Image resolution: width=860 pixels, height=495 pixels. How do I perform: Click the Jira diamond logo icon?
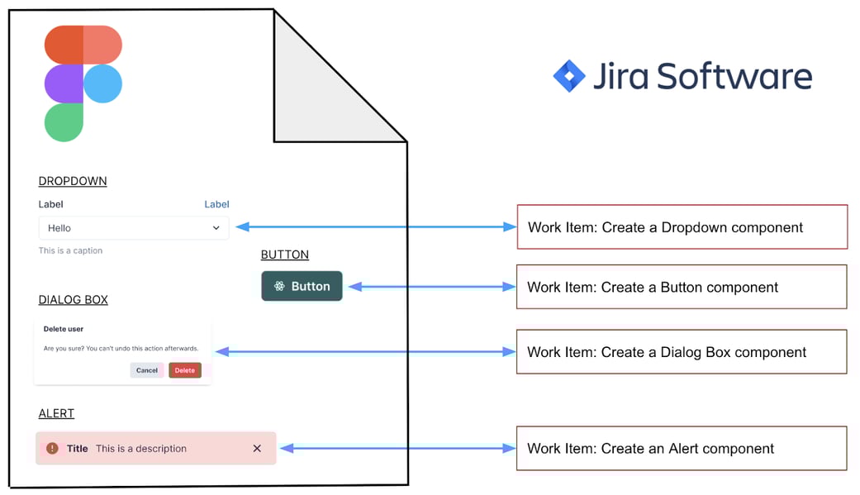pyautogui.click(x=568, y=76)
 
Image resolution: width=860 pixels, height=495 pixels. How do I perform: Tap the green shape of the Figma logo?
pyautogui.click(x=64, y=122)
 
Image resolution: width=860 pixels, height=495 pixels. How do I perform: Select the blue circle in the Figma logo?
pyautogui.click(x=102, y=83)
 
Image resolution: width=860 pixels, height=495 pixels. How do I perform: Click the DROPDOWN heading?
pyautogui.click(x=73, y=181)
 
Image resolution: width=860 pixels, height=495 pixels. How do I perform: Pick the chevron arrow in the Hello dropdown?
pyautogui.click(x=216, y=228)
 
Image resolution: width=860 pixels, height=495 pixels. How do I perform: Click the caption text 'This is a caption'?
pyautogui.click(x=70, y=250)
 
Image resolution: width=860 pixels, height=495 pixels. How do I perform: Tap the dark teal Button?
pyautogui.click(x=302, y=286)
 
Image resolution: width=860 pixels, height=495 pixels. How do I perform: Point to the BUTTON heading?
pyautogui.click(x=285, y=255)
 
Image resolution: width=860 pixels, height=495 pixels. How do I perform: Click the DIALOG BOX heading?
pyautogui.click(x=73, y=300)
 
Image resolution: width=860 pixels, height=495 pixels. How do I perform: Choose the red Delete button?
pyautogui.click(x=185, y=370)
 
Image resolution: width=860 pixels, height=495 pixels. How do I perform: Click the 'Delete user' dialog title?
pyautogui.click(x=64, y=329)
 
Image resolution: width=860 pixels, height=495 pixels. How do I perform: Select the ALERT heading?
pyautogui.click(x=56, y=413)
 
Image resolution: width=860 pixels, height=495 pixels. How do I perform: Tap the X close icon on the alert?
pyautogui.click(x=257, y=449)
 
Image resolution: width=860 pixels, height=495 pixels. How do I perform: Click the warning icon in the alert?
pyautogui.click(x=52, y=449)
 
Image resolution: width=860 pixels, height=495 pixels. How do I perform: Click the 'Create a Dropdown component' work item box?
pyautogui.click(x=682, y=227)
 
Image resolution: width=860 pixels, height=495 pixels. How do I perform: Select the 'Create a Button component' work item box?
pyautogui.click(x=682, y=287)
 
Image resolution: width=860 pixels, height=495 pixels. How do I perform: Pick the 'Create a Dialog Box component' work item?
pyautogui.click(x=682, y=352)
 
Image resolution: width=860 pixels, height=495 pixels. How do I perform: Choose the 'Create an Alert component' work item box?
pyautogui.click(x=682, y=449)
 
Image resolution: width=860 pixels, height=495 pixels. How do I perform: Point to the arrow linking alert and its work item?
pyautogui.click(x=397, y=449)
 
